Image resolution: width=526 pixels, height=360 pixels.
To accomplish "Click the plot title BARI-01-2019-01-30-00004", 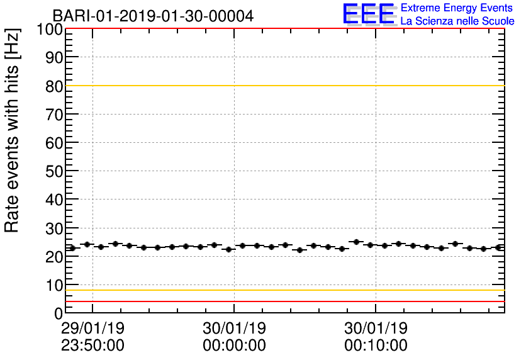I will coord(153,16).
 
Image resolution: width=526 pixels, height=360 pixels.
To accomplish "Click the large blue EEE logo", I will coord(369,14).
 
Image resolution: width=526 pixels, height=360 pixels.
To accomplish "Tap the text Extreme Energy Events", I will coord(457,8).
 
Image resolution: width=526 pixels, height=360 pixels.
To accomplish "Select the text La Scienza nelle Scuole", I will coord(457,21).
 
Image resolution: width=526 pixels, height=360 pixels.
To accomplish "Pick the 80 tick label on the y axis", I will coord(54,86).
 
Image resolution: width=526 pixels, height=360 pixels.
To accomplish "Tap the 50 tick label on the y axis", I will coord(54,171).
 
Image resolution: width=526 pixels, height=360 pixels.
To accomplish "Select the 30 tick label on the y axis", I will coord(54,228).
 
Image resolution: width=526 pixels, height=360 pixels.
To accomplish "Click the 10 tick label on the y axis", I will coord(54,285).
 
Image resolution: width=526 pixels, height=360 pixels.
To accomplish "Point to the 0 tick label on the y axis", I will coord(59,313).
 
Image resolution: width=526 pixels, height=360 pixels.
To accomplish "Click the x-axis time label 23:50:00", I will coord(92,346).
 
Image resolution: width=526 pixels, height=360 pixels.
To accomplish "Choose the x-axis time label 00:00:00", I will coord(234,346).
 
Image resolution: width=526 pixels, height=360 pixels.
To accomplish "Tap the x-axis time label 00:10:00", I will coord(376,346).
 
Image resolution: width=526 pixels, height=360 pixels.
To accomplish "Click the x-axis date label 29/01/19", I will coord(92,329).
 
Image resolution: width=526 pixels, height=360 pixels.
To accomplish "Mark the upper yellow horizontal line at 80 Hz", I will coord(283,86).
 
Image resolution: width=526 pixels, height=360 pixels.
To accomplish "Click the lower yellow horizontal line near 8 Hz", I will coord(283,290).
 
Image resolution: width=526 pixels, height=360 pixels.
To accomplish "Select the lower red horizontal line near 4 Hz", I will coord(283,301).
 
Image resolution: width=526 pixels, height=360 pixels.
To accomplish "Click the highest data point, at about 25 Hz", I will coord(356,242).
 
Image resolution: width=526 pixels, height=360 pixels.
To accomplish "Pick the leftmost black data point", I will coord(72,248).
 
